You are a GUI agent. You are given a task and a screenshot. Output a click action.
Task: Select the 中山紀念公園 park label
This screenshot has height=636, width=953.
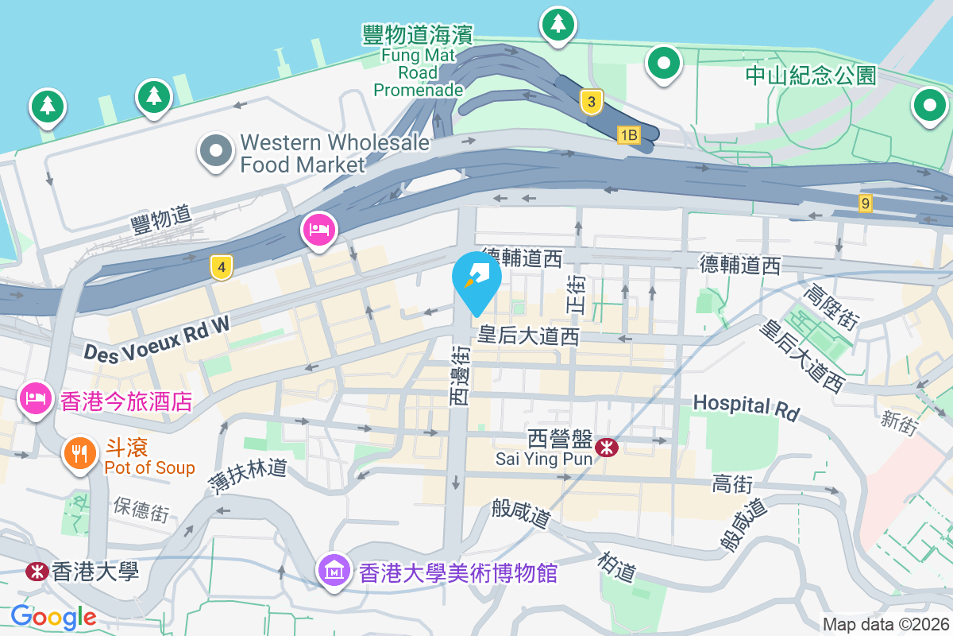coord(811,76)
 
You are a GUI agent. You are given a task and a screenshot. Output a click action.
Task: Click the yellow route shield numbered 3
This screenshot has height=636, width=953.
coord(590,102)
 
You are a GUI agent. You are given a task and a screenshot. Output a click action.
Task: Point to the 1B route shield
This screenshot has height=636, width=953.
coord(628,135)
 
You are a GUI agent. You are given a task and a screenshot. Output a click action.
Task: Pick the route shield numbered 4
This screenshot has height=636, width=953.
coord(222,269)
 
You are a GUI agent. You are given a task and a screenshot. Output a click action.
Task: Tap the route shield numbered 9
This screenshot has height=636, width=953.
coord(865,204)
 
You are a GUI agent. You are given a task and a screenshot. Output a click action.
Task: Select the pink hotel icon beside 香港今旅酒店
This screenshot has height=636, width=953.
coord(35,399)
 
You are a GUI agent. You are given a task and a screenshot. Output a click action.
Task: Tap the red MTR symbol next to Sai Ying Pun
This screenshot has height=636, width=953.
coord(607,448)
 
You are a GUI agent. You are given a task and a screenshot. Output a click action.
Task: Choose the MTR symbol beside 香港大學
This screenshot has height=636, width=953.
coord(35,571)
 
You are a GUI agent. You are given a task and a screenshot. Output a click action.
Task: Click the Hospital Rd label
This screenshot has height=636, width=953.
coord(746,406)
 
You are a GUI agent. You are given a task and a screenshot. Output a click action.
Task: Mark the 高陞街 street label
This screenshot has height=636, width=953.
coord(831,308)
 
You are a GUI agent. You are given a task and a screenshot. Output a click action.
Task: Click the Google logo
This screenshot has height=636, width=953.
coord(53,616)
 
